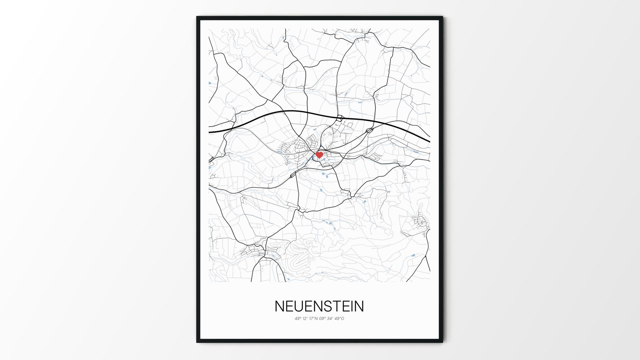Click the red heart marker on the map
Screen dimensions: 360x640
click(319, 155)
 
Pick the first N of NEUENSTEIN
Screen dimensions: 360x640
click(279, 306)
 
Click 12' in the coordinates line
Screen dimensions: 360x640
click(305, 319)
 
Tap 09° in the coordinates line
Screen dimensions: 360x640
click(322, 319)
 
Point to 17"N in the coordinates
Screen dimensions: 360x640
click(313, 319)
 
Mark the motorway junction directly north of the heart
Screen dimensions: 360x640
click(340, 118)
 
